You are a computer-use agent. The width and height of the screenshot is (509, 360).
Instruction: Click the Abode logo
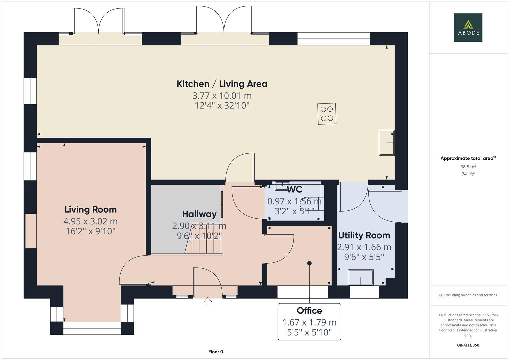[468, 27]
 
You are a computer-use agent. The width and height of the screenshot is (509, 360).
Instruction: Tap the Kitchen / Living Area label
[222, 84]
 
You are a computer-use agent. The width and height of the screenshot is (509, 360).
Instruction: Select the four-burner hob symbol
[327, 114]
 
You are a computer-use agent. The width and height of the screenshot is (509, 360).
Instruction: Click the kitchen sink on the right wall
[386, 143]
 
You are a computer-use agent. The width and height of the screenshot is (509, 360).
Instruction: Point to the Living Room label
[90, 210]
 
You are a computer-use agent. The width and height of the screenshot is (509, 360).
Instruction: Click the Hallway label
[199, 214]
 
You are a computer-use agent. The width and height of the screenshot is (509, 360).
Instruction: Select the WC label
[294, 190]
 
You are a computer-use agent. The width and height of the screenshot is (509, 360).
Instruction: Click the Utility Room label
[364, 235]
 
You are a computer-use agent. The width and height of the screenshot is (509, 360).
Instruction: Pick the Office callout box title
[309, 311]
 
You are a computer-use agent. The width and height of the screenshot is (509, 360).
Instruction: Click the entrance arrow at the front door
[208, 301]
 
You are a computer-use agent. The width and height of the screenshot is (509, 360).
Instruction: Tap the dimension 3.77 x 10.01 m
[222, 96]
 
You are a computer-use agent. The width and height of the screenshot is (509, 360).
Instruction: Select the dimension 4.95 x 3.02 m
[90, 221]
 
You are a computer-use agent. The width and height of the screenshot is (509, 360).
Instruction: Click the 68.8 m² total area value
[468, 167]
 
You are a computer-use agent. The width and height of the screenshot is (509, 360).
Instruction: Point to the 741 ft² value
[468, 174]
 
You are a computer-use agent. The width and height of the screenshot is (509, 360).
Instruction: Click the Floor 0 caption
[215, 352]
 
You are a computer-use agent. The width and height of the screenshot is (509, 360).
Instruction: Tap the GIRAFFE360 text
[468, 345]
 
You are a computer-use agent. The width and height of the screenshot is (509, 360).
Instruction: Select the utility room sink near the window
[361, 277]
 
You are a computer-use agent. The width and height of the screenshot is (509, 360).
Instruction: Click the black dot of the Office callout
[309, 263]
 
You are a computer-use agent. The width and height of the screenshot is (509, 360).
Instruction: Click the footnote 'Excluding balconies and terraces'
[468, 295]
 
